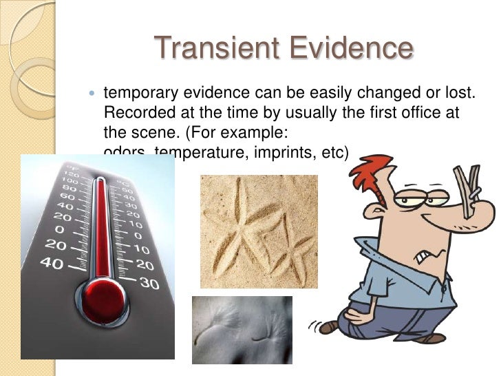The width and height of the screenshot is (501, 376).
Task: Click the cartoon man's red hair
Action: (x=372, y=171)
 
